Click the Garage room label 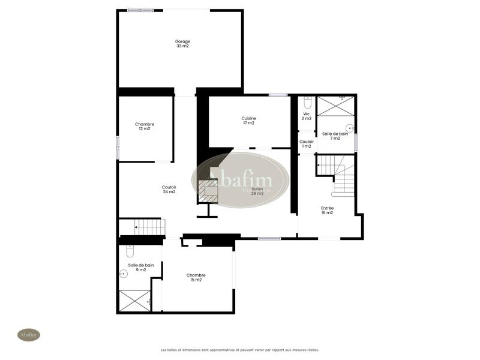pyautogui.click(x=183, y=44)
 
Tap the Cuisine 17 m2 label pyautogui.click(x=249, y=121)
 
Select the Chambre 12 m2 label pyautogui.click(x=145, y=127)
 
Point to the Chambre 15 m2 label pyautogui.click(x=196, y=278)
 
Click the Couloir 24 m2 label pyautogui.click(x=169, y=190)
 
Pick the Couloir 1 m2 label pyautogui.click(x=306, y=144)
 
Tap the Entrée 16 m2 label pyautogui.click(x=327, y=210)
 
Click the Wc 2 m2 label pyautogui.click(x=306, y=116)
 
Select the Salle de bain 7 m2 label pyautogui.click(x=335, y=136)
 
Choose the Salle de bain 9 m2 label pyautogui.click(x=141, y=268)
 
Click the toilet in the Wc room pyautogui.click(x=308, y=103)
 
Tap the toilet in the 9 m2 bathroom pyautogui.click(x=130, y=250)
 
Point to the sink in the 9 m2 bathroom pyautogui.click(x=124, y=274)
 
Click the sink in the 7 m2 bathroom pyautogui.click(x=350, y=128)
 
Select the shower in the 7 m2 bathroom pyautogui.click(x=335, y=106)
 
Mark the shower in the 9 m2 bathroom pyautogui.click(x=134, y=300)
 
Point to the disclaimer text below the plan pyautogui.click(x=239, y=350)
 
